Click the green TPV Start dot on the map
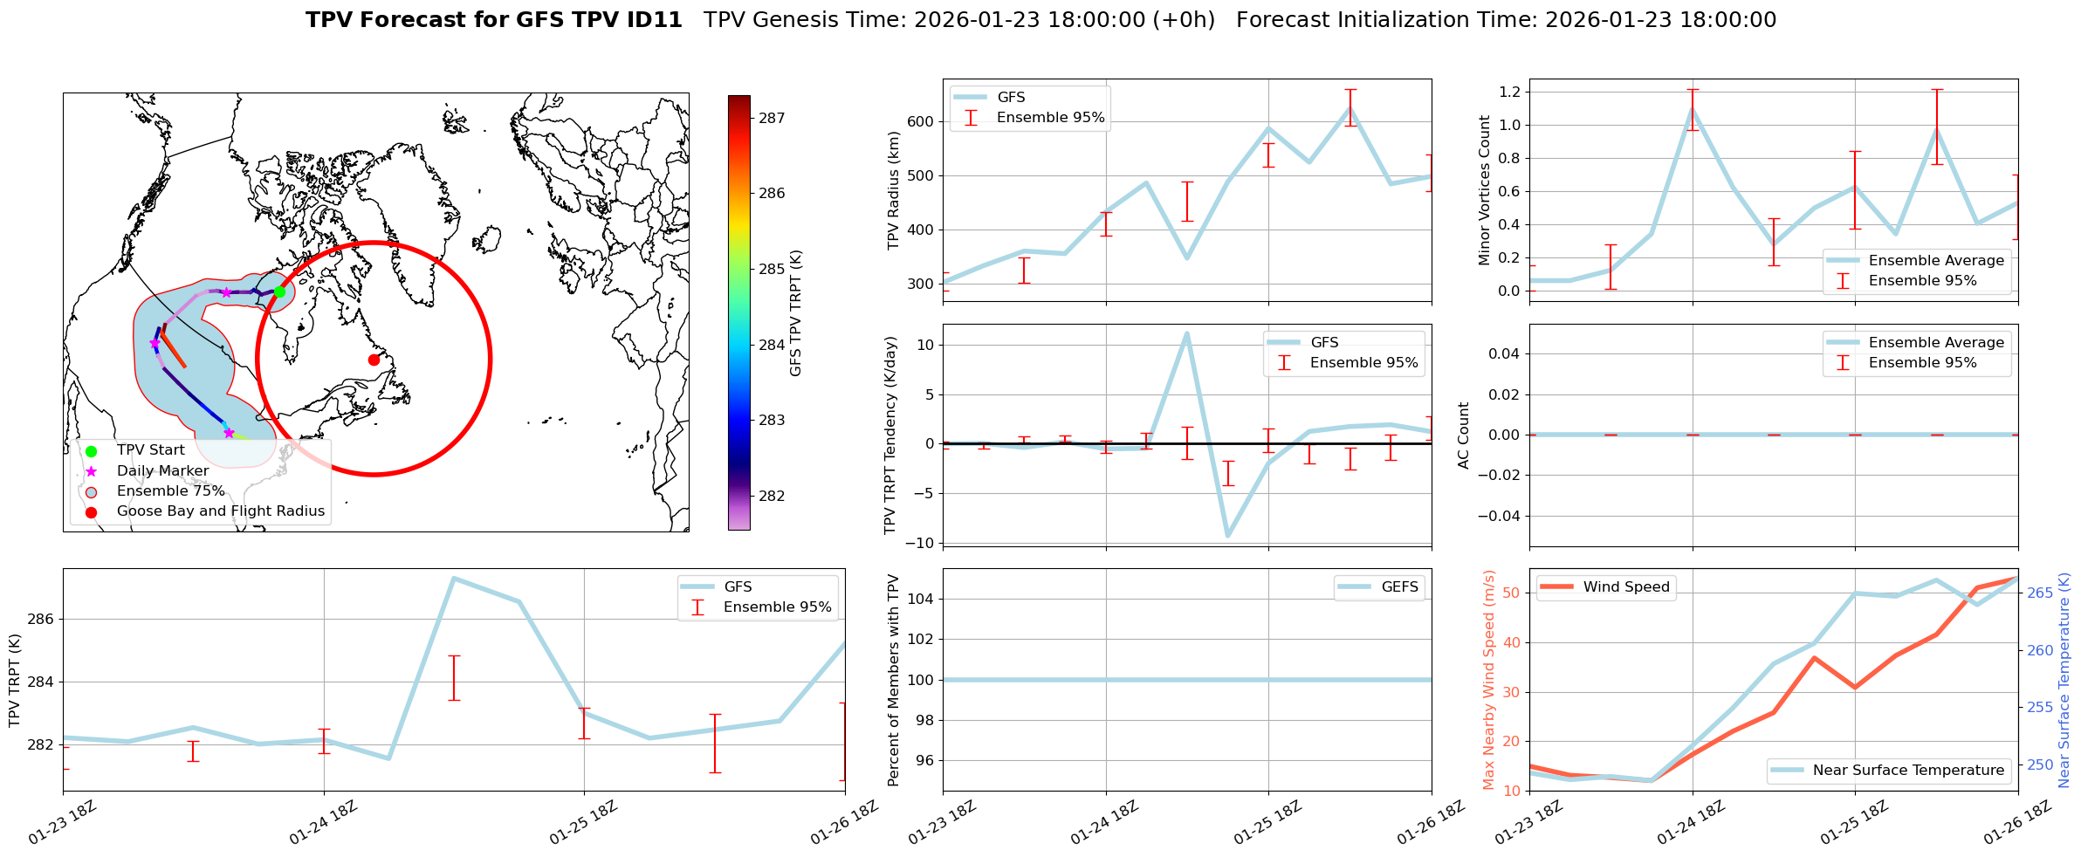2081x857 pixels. (279, 291)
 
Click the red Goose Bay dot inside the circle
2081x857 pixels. (374, 360)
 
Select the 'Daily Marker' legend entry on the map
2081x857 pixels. (162, 470)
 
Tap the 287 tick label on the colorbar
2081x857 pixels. (772, 118)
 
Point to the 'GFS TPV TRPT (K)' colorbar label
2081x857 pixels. (795, 312)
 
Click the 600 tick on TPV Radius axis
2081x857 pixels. (920, 121)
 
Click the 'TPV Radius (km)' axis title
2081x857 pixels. (893, 190)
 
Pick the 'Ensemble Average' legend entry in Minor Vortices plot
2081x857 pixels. (1936, 260)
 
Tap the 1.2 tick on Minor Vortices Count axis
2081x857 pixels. (1509, 92)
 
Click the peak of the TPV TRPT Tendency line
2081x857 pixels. (1186, 333)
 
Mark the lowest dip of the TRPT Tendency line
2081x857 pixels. (1228, 536)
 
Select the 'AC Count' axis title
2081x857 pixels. (1464, 435)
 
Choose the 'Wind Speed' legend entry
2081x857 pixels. (1626, 586)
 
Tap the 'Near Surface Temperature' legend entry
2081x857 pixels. (1908, 770)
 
